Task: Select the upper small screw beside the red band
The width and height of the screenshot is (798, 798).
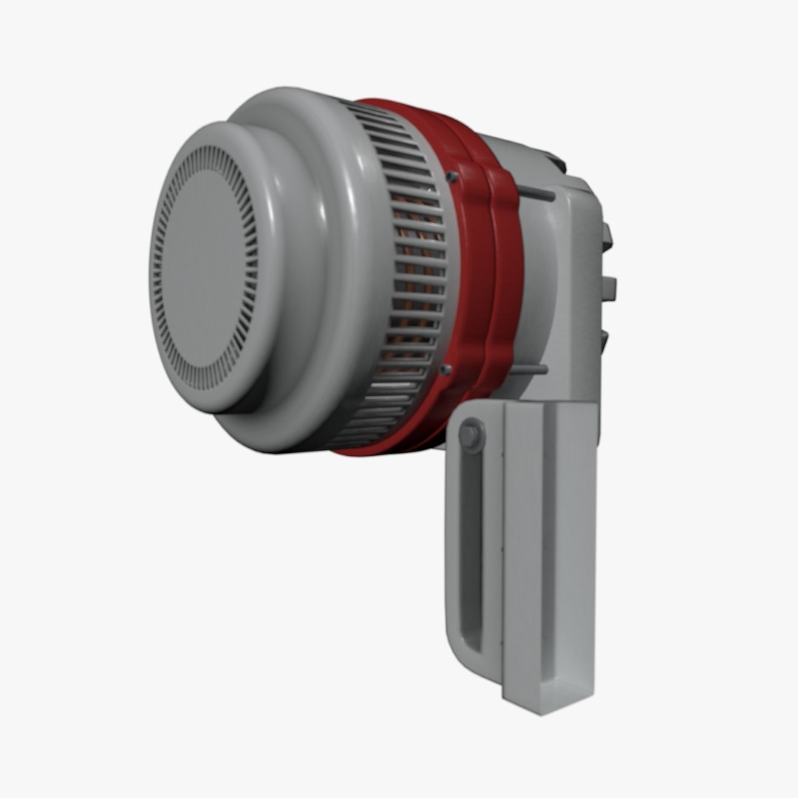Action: point(451,177)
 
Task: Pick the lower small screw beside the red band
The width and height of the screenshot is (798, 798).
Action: point(446,369)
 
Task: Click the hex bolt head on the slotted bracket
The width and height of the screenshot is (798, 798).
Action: point(470,434)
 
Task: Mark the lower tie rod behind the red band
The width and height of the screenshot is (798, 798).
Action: point(533,368)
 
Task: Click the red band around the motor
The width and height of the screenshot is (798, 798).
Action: point(488,281)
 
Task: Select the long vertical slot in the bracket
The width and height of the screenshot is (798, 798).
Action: point(470,554)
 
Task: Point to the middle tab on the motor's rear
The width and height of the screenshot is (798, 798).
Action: point(609,288)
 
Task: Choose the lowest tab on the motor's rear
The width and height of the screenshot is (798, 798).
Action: point(604,340)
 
